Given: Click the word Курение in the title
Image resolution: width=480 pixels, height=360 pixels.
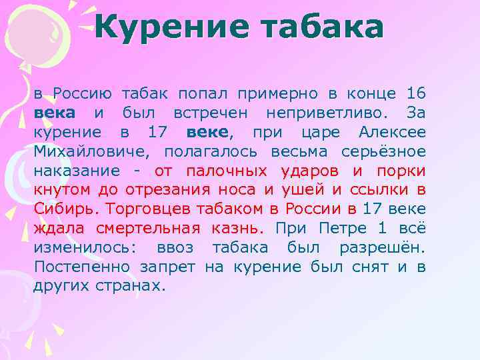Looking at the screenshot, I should click(x=169, y=27).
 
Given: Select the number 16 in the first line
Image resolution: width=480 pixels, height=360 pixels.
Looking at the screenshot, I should click(x=415, y=93).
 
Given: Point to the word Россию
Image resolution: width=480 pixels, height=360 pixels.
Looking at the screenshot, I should click(x=86, y=93).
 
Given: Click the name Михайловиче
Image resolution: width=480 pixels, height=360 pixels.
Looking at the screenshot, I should click(x=90, y=151).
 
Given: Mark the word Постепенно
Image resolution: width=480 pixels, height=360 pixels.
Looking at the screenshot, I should click(x=83, y=267).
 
